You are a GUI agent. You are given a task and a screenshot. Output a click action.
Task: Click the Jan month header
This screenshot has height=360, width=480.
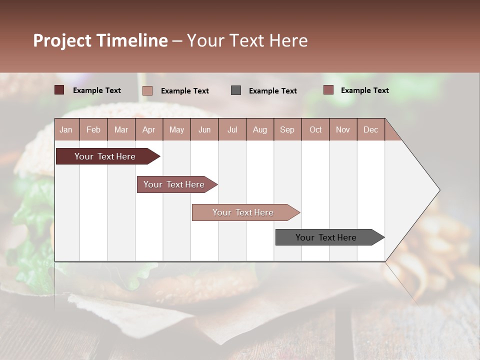point(66,130)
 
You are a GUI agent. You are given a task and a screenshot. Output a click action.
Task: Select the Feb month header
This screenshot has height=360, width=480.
point(93,130)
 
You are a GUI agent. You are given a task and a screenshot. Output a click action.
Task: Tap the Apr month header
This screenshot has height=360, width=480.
point(149,130)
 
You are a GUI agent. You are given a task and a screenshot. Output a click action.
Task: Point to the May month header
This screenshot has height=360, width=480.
point(176,130)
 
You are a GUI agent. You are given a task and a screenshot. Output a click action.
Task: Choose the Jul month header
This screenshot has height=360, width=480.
point(232,130)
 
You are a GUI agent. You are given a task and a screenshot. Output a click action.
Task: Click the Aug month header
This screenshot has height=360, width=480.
point(260,130)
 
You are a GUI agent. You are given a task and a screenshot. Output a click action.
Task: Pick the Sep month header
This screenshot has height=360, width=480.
point(287,130)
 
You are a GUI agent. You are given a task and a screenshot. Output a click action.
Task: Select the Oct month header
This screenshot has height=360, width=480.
point(315,130)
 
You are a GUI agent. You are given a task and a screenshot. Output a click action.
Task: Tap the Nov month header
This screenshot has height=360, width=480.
point(343,130)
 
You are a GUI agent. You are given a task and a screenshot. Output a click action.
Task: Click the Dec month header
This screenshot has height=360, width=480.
point(370,130)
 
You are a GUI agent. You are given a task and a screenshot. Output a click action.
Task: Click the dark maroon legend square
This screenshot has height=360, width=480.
point(59,90)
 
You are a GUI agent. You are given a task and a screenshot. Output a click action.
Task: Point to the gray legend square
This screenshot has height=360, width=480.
point(236,90)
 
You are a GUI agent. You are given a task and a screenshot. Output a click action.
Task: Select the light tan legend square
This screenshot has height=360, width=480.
point(147,90)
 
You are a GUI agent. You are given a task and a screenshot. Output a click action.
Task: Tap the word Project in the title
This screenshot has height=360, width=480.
point(61,40)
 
